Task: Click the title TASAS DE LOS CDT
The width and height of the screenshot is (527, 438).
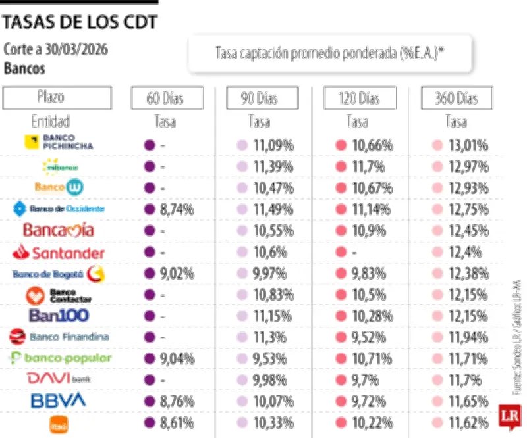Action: (x=80, y=22)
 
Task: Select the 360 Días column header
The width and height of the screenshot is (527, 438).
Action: (x=456, y=99)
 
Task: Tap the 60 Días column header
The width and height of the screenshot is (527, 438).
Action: (x=165, y=99)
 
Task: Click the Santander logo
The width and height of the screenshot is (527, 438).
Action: (x=59, y=252)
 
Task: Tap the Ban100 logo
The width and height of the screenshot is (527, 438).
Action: (x=59, y=315)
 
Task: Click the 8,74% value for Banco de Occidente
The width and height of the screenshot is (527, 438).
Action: (x=175, y=209)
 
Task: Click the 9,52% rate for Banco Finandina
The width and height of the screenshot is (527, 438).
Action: (x=369, y=337)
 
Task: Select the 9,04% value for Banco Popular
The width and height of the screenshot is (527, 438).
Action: (x=175, y=359)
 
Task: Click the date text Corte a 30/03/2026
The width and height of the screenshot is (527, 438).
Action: (x=56, y=50)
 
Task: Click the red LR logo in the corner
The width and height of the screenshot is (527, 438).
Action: (x=509, y=416)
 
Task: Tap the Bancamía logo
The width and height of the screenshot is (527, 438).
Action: (x=59, y=230)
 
